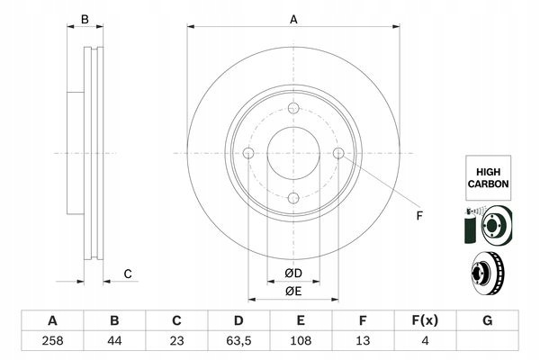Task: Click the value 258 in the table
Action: click(x=52, y=341)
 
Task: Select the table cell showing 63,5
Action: click(x=238, y=341)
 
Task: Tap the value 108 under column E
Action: click(x=301, y=341)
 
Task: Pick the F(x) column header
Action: click(x=425, y=320)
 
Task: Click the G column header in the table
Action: click(x=487, y=320)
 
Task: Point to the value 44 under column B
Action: click(x=114, y=341)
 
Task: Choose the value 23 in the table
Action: click(x=176, y=341)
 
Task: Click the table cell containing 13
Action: click(x=363, y=341)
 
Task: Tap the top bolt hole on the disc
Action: click(x=293, y=108)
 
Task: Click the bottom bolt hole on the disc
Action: click(x=293, y=198)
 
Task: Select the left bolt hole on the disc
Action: click(x=248, y=153)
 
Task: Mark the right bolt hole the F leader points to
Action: click(x=338, y=153)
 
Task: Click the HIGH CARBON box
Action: click(x=488, y=178)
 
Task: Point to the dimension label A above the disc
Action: click(x=293, y=20)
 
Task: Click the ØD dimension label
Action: click(x=293, y=274)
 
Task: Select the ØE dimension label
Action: click(x=293, y=291)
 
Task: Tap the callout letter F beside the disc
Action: click(x=419, y=216)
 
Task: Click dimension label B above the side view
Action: click(x=85, y=19)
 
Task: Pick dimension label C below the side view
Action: click(x=128, y=274)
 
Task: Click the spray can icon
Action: click(x=470, y=226)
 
